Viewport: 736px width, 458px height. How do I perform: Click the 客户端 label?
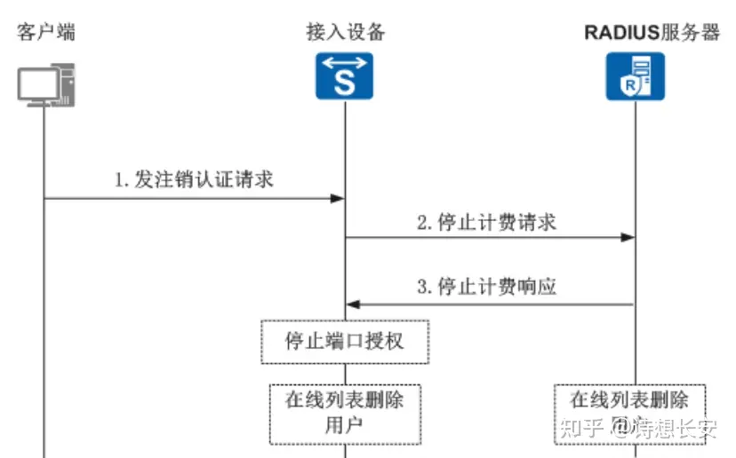[45, 33]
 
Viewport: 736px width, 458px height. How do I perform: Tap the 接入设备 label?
[346, 33]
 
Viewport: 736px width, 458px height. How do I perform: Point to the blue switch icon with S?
[346, 76]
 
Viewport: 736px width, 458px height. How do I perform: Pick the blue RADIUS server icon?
[636, 76]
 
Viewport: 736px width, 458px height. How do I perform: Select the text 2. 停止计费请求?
[486, 221]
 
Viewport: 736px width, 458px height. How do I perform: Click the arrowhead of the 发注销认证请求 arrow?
[339, 199]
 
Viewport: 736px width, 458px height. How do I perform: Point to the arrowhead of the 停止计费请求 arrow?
[628, 237]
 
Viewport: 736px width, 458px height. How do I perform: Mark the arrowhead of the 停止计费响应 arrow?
[353, 304]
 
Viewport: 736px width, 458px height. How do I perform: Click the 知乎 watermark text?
[578, 429]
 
